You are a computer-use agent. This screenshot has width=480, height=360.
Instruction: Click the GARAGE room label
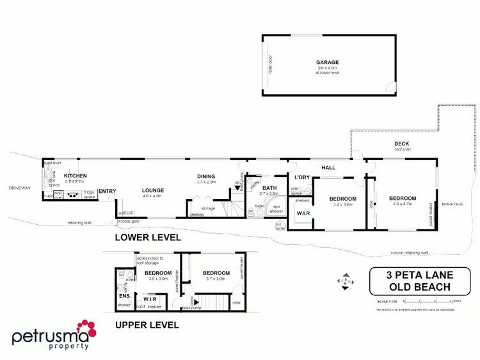coord(327,63)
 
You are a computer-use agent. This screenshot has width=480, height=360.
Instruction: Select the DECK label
coord(401,144)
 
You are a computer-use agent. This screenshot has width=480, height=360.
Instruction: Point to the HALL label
coord(328,166)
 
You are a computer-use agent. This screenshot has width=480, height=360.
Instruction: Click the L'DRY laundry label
coord(301,177)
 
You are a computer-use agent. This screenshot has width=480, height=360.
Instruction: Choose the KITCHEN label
coord(76,176)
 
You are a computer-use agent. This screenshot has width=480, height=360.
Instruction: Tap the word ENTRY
coord(107,190)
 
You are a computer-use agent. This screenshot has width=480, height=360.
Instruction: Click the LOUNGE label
coord(153,190)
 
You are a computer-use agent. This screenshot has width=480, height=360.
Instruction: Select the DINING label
coord(206,176)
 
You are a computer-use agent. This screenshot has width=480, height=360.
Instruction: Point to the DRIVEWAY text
coord(20,188)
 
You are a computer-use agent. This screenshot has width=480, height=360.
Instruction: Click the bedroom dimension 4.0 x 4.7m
coord(403,205)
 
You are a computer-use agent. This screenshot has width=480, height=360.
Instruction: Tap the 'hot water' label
coord(279,225)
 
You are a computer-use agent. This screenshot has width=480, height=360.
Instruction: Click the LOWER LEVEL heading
coord(147,237)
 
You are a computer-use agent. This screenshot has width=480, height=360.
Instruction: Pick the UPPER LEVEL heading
coord(147,325)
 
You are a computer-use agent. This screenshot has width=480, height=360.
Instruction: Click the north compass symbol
coord(344,281)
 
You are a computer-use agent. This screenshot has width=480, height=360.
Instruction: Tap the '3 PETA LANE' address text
coord(410,275)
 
